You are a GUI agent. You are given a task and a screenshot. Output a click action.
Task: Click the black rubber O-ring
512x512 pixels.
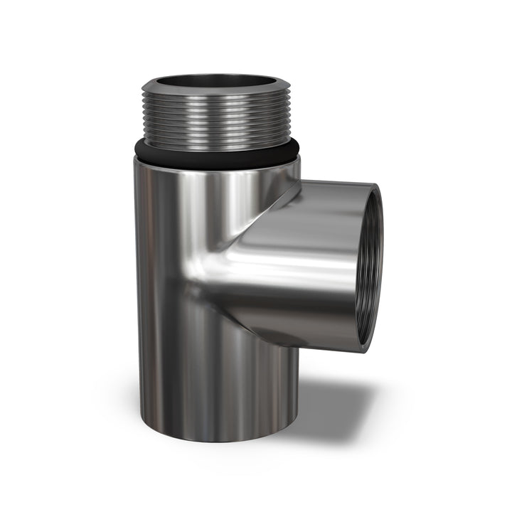click(x=213, y=154)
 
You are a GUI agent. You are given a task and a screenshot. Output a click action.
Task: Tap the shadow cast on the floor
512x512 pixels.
click(x=334, y=412)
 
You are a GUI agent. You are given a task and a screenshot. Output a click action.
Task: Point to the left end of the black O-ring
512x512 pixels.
click(x=136, y=147)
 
